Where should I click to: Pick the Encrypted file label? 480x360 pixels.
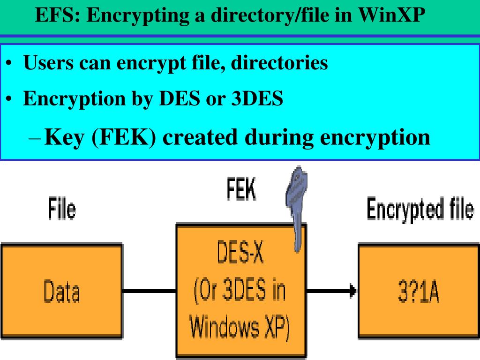coord(420,209)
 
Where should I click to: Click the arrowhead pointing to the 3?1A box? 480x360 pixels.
coord(352,291)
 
